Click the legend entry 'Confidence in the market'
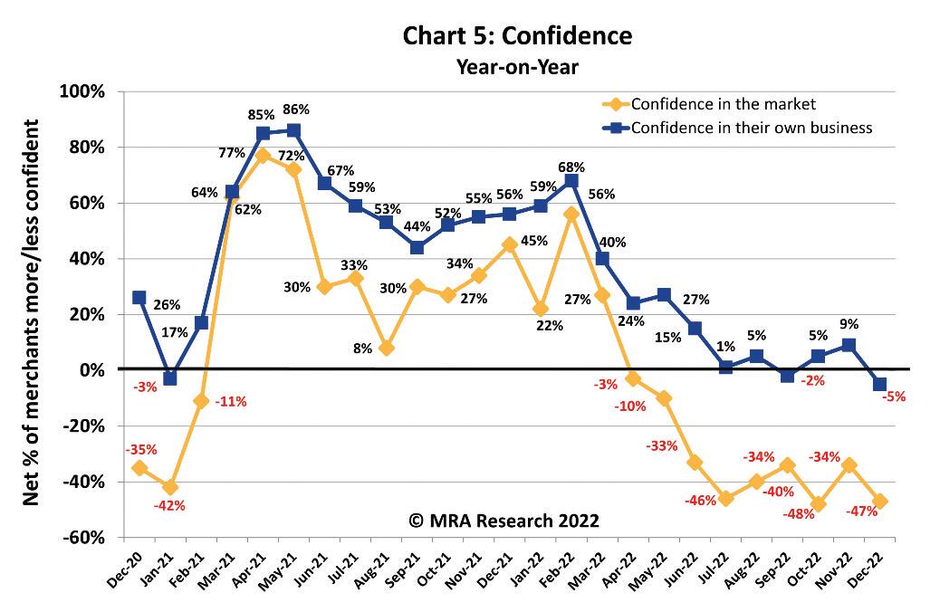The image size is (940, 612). click(x=723, y=103)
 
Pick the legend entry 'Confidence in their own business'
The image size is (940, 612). click(x=751, y=128)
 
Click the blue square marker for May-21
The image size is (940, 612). click(x=293, y=129)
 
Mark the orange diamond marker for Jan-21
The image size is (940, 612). click(x=169, y=487)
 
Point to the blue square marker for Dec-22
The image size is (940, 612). click(x=879, y=384)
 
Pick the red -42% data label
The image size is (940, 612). click(x=169, y=506)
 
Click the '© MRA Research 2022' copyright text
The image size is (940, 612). click(x=504, y=521)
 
